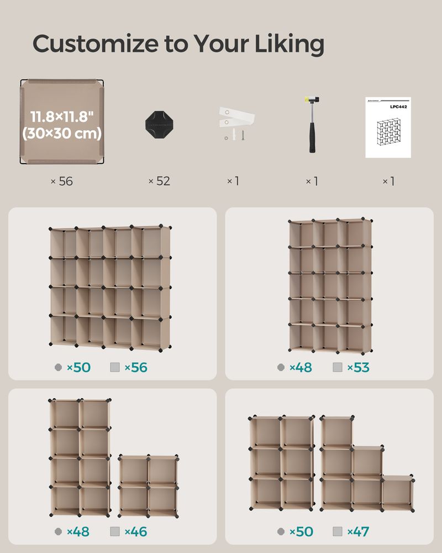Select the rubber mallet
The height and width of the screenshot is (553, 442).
coord(312,124)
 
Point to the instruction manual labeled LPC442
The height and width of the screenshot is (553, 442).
coord(388,127)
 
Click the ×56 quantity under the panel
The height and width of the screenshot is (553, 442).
coord(62,181)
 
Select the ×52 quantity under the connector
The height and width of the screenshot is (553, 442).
coord(159,181)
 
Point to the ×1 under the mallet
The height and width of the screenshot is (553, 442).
coord(312,181)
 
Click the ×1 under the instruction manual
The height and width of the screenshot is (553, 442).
coord(388,181)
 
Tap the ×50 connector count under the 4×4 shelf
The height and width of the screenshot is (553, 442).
coord(78,367)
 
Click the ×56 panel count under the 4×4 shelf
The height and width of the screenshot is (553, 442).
coord(135,367)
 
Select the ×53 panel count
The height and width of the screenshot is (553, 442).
coord(358,367)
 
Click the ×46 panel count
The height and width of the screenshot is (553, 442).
coord(135,532)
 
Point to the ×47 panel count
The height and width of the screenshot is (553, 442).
coord(358,532)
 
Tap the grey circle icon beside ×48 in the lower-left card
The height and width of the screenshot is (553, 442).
coord(59,532)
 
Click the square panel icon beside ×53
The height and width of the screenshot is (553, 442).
coord(338,367)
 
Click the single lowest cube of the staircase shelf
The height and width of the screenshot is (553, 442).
coord(397,492)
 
